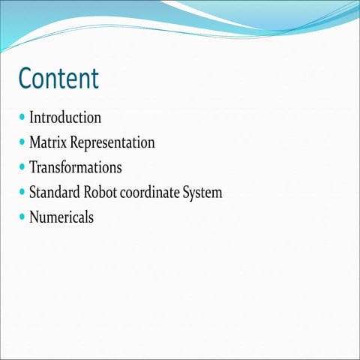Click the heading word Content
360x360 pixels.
coord(58,79)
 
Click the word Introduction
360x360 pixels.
coord(65,118)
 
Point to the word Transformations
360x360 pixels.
coord(75,167)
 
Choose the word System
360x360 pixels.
coord(203,193)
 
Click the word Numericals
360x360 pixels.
coord(61,217)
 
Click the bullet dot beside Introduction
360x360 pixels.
coord(22,118)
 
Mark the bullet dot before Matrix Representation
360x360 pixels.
coord(22,143)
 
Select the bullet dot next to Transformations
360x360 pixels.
coord(22,168)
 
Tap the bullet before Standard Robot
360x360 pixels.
coord(22,193)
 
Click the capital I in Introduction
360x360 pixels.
coord(31,118)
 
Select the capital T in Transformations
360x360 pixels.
coord(33,167)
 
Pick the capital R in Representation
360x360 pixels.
coord(74,142)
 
